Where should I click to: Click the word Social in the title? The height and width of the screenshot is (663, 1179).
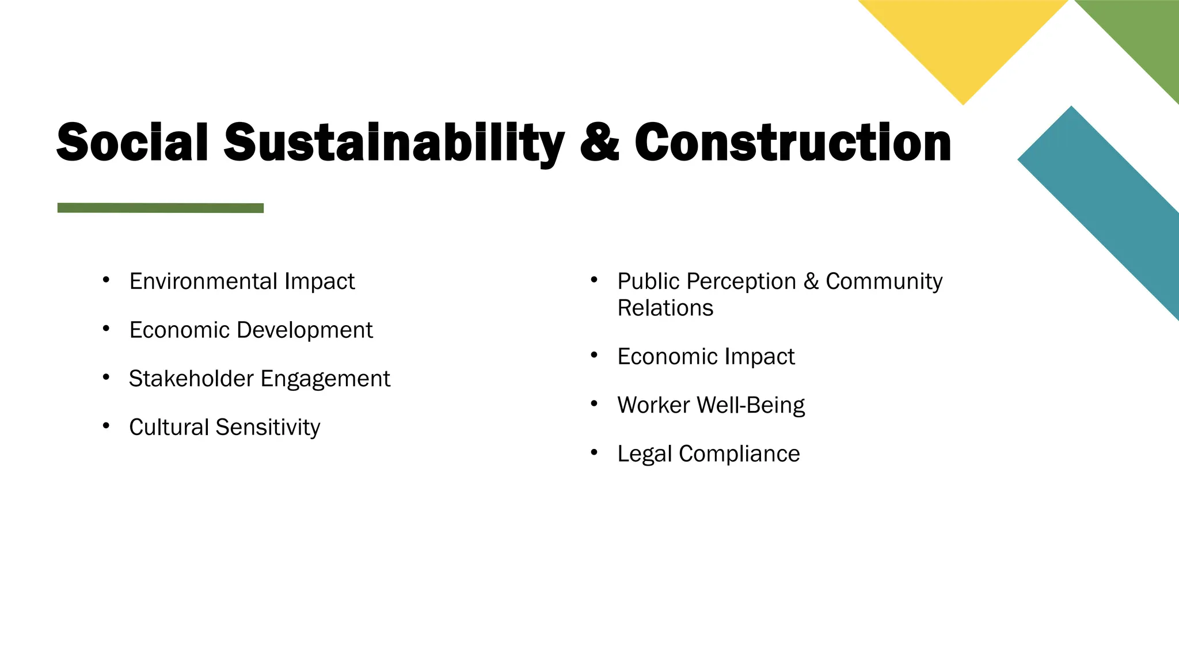click(132, 142)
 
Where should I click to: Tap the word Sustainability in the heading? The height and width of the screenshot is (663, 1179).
click(394, 142)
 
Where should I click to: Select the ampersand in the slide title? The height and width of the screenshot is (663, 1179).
click(599, 142)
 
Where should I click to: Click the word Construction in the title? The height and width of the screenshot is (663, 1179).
click(793, 142)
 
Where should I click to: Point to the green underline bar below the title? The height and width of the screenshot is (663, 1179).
click(161, 208)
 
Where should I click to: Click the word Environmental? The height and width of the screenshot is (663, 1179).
click(203, 281)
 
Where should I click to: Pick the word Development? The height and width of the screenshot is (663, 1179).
click(305, 330)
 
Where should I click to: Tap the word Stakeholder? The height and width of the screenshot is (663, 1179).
click(191, 379)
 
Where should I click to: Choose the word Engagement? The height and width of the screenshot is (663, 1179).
click(325, 379)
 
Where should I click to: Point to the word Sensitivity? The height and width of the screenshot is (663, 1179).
click(268, 428)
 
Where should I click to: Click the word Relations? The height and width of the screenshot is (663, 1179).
click(665, 308)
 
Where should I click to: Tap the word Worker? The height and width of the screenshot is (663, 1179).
click(653, 405)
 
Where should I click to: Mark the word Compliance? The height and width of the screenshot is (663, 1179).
click(739, 454)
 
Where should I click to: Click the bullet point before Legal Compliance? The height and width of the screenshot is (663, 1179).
click(594, 453)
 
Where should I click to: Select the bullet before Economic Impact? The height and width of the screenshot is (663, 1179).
click(594, 356)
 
